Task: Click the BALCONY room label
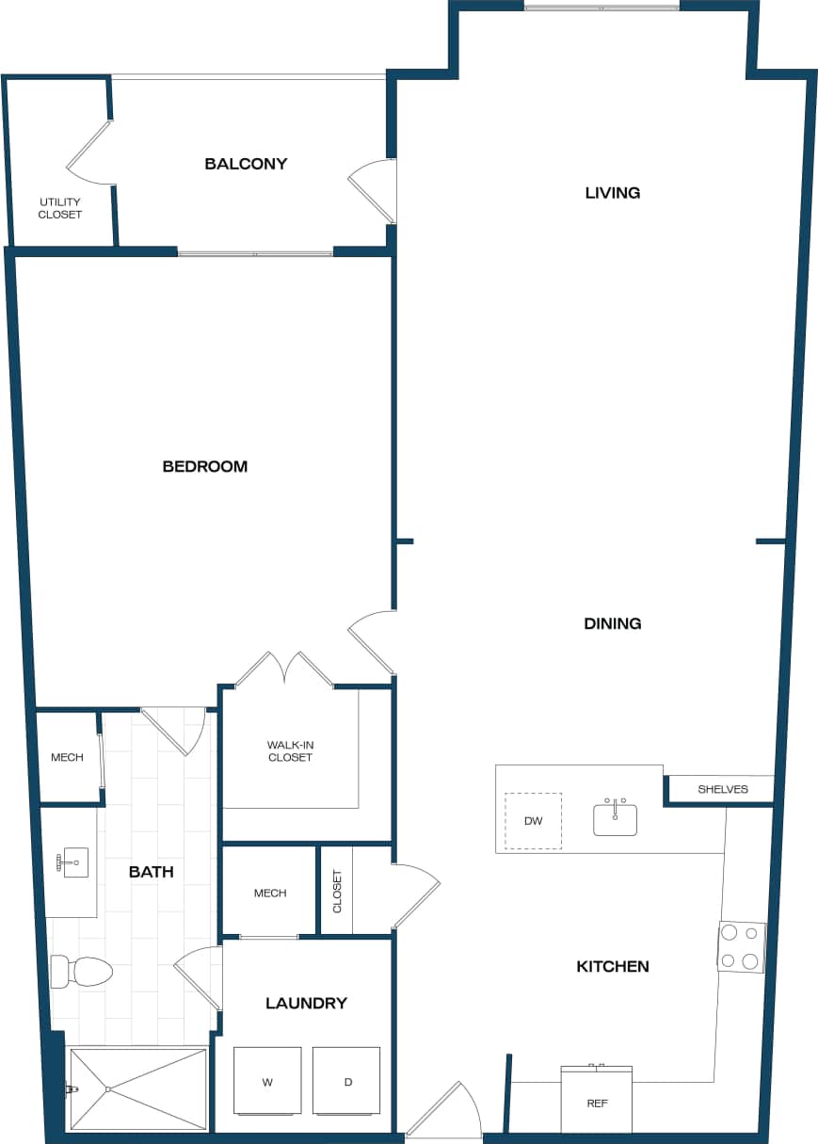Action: [246, 164]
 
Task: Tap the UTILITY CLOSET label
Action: [60, 208]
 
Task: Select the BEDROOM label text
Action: [205, 466]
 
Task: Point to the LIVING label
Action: [612, 193]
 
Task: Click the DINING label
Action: [612, 623]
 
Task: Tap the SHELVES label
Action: [723, 789]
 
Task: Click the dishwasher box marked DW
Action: [533, 821]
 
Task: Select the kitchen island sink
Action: [615, 817]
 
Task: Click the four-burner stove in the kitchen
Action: [742, 947]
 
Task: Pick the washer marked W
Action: [267, 1081]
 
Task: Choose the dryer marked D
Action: [346, 1081]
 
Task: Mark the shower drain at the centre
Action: [108, 1089]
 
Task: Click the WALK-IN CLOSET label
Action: [290, 750]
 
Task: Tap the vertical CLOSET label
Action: [337, 891]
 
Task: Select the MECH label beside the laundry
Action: [270, 893]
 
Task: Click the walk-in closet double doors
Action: [284, 669]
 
